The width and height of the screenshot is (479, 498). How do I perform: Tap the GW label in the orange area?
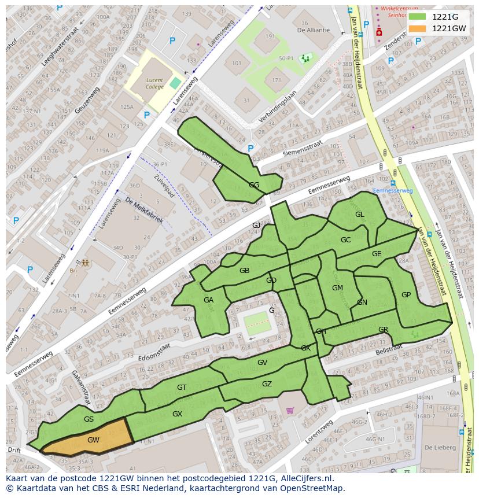coord(93,440)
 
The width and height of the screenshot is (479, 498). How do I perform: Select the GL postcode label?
coord(360,215)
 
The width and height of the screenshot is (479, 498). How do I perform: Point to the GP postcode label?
coord(406,295)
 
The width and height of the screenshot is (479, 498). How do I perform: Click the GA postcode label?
coord(208,300)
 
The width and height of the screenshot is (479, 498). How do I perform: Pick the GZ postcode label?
coord(267,384)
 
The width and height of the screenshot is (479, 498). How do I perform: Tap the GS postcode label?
coord(89,419)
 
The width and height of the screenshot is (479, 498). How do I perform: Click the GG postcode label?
coord(254,185)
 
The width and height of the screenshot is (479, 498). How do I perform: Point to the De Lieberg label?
coord(440,447)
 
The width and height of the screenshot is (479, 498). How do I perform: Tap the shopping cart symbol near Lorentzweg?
coord(290,411)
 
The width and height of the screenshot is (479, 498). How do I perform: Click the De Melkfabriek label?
coord(144,211)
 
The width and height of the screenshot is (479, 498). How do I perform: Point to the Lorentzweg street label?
coord(319,431)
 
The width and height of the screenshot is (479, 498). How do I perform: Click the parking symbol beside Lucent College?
coord(146,115)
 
